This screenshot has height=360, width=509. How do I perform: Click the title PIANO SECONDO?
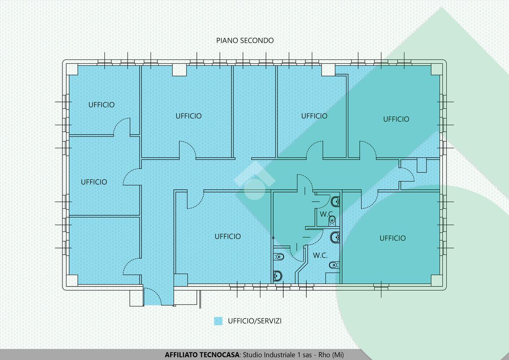pos(245,40)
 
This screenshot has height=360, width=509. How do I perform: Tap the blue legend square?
pos(218,321)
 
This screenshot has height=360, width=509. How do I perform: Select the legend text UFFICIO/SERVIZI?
pos(255,321)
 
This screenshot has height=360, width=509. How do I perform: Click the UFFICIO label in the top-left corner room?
pos(101,105)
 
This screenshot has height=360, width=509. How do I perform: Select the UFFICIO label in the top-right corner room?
pos(396,119)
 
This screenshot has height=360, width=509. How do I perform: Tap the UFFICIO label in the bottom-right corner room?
pos(392,238)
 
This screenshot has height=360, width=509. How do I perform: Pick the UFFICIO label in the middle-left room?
pos(94,182)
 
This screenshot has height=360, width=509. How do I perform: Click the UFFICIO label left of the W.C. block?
pos(228,236)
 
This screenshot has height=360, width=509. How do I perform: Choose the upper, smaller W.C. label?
pos(326,214)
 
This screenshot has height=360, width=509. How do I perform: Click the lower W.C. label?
pos(320,256)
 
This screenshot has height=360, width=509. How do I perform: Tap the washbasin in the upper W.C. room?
pos(336,202)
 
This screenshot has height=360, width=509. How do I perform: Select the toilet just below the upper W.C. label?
pos(332,220)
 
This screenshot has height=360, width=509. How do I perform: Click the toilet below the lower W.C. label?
pos(334,265)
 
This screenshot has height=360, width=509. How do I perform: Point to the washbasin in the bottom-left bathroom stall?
pos(277,276)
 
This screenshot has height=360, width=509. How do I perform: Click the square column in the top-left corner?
pos(72,70)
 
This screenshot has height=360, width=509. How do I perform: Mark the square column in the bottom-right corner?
pos(436,280)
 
